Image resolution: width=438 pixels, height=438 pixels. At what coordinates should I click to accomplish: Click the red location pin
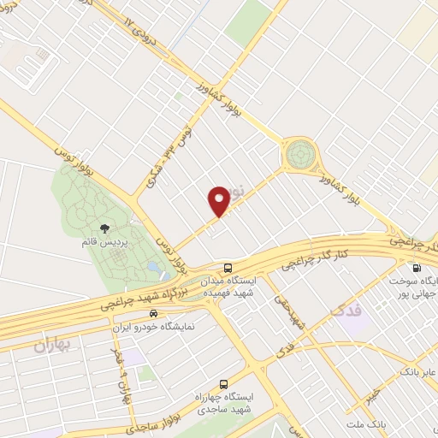coord(219,200)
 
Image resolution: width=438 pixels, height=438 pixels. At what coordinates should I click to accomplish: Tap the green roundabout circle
coord(299,154)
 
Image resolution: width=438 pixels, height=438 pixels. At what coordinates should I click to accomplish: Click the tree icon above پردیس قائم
coord(104,228)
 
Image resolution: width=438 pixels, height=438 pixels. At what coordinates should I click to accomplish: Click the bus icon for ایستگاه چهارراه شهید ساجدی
coord(223,384)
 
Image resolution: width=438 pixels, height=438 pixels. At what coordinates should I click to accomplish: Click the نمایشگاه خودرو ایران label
coord(153,327)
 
